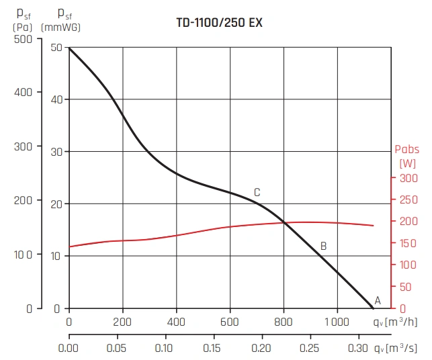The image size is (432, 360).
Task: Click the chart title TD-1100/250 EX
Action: pyautogui.click(x=219, y=23)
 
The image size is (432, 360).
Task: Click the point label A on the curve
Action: pyautogui.click(x=377, y=300)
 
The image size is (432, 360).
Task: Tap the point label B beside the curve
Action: pyautogui.click(x=323, y=246)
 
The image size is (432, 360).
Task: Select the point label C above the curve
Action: pyautogui.click(x=257, y=193)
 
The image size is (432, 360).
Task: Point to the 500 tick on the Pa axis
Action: pyautogui.click(x=22, y=39)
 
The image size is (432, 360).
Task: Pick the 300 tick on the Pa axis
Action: pyautogui.click(x=22, y=146)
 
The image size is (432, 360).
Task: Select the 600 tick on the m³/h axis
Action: pyautogui.click(x=230, y=321)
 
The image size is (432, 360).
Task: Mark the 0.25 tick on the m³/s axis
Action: pyautogui.click(x=310, y=348)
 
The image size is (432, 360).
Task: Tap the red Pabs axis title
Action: pyautogui.click(x=407, y=150)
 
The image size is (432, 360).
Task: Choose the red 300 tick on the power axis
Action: pyautogui.click(x=409, y=178)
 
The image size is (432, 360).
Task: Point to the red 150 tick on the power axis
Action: pyautogui.click(x=409, y=243)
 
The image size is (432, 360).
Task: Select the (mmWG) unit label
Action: pyautogui.click(x=62, y=28)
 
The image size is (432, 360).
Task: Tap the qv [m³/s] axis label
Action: pyautogui.click(x=398, y=348)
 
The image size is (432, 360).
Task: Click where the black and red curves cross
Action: pyautogui.click(x=283, y=222)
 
